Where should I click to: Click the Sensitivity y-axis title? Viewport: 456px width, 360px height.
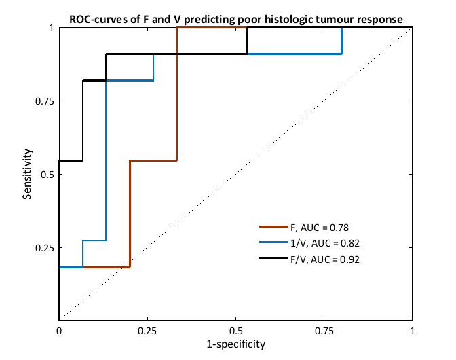tap(28, 175)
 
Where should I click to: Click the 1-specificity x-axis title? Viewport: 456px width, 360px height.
tap(235, 344)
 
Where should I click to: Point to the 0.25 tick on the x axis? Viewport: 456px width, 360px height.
tap(147, 331)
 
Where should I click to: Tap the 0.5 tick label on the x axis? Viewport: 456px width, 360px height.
tap(235, 331)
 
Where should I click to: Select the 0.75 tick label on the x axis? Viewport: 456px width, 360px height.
tap(324, 331)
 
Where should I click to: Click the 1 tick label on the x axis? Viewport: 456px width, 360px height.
tap(412, 331)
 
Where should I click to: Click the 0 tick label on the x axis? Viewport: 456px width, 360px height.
tap(59, 331)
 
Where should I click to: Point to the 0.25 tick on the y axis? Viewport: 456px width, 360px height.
tap(45, 247)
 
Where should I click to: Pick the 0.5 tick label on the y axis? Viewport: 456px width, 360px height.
tap(47, 175)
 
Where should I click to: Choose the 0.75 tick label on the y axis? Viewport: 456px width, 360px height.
tap(45, 101)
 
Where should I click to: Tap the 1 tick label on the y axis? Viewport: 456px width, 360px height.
tap(52, 29)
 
